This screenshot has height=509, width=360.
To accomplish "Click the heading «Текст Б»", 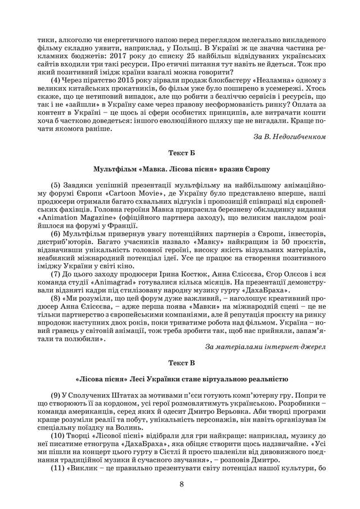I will click(180, 152).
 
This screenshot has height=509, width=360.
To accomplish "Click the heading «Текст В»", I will click(180, 362).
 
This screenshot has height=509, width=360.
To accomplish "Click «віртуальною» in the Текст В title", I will click(232, 378).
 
